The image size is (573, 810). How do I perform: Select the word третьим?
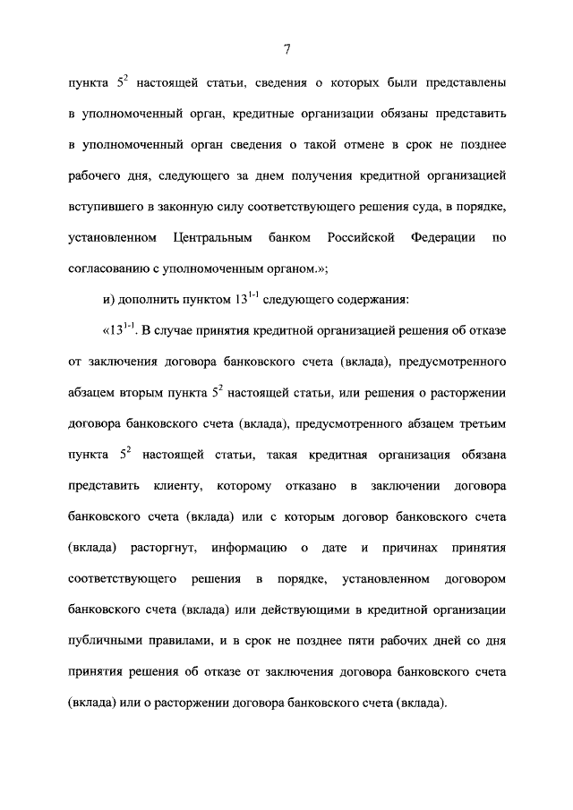coord(476,425)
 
